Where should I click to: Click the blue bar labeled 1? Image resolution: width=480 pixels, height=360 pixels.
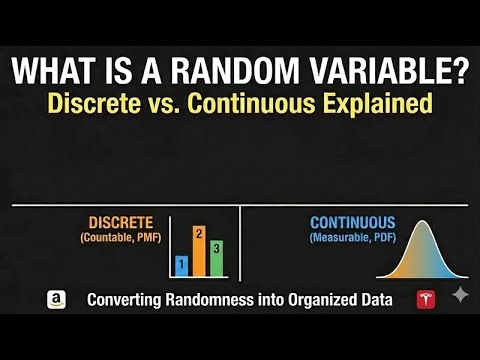pos(181,265)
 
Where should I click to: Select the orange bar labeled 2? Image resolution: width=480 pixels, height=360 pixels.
pos(199,251)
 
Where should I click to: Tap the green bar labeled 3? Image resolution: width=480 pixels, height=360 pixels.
pos(217,258)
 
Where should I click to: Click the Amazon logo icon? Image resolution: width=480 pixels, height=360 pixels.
pos(56,299)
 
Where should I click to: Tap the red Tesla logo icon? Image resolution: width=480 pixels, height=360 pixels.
pos(426,299)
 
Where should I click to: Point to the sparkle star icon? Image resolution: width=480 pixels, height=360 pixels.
pos(460,296)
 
